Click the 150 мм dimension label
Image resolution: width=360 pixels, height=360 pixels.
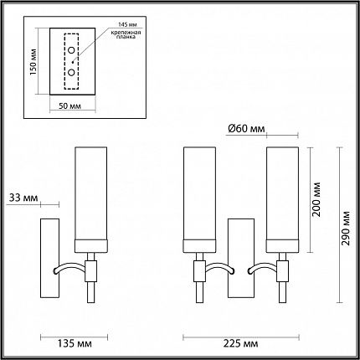(x=33, y=62)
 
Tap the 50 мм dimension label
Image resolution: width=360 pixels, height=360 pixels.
(x=69, y=106)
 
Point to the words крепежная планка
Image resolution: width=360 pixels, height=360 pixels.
(x=126, y=34)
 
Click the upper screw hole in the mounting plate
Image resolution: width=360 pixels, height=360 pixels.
(x=71, y=50)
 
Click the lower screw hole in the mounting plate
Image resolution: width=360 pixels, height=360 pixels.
(x=71, y=72)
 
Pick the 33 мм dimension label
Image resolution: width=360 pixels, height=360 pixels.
(x=23, y=198)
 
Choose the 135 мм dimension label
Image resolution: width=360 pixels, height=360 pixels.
(x=75, y=343)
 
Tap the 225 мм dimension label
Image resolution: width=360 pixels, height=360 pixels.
(x=240, y=343)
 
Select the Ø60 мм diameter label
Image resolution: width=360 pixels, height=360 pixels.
(x=246, y=129)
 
